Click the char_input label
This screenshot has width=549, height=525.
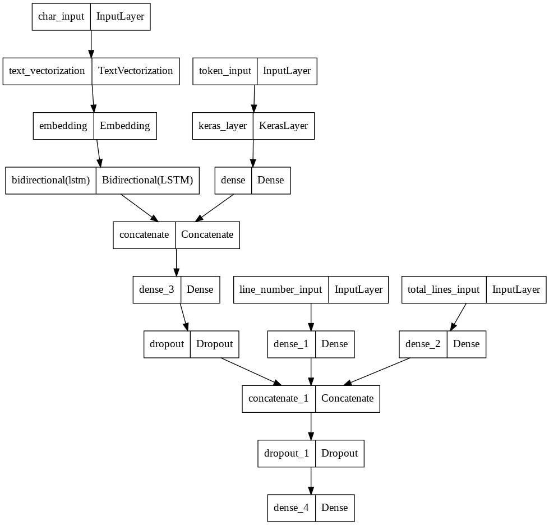tap(61, 16)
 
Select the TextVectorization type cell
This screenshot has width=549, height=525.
tap(135, 71)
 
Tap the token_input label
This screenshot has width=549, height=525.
tap(225, 71)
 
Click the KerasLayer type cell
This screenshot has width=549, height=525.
tap(283, 126)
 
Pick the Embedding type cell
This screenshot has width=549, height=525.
tap(124, 126)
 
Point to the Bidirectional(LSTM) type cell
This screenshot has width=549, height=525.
tap(147, 180)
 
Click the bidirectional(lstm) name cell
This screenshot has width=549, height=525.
tap(51, 180)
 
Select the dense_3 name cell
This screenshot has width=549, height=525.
tap(156, 289)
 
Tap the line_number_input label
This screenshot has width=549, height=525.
tap(281, 289)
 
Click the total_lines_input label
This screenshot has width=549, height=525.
tap(444, 289)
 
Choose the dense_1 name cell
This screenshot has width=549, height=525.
tap(291, 344)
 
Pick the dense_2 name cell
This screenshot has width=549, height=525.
tap(423, 344)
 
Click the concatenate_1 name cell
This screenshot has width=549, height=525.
tap(279, 398)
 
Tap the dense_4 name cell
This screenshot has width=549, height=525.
tap(291, 508)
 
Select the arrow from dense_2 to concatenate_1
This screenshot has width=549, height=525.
tap(379, 371)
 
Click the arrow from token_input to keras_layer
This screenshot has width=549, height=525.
tap(254, 98)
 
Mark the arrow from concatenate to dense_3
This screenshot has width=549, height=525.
tap(177, 262)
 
